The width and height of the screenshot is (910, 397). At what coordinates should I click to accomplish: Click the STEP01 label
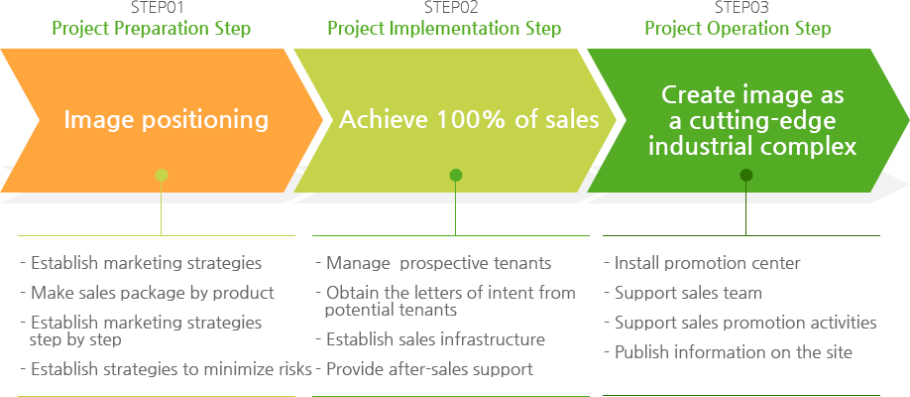tap(151, 8)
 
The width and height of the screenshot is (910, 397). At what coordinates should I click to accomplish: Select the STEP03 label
tap(738, 8)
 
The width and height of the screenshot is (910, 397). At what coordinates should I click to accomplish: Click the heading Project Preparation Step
tap(152, 29)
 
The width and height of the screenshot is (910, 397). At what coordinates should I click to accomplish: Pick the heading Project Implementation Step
tap(444, 29)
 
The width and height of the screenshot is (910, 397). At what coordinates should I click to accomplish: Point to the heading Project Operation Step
tap(738, 29)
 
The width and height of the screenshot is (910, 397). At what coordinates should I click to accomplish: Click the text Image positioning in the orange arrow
tap(166, 120)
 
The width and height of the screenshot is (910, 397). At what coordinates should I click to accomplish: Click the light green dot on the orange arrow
tap(162, 175)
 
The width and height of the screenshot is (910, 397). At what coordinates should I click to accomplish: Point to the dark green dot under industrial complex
tap(746, 175)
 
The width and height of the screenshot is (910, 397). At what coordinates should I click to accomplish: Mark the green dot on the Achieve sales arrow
tap(456, 175)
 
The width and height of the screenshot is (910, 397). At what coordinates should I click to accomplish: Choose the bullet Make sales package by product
tap(148, 293)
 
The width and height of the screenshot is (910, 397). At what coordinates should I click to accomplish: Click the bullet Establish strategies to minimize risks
tap(166, 369)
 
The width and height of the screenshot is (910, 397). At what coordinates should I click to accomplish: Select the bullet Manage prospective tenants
tap(433, 264)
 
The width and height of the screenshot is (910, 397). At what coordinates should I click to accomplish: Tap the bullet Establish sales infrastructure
tap(430, 339)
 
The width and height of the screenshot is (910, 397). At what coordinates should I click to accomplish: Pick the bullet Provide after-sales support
tap(424, 369)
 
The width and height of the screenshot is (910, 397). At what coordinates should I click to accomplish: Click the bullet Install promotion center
tap(702, 264)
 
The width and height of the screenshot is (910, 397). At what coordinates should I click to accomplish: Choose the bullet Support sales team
tap(683, 293)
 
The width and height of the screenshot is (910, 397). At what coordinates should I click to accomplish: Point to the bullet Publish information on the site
tap(729, 352)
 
